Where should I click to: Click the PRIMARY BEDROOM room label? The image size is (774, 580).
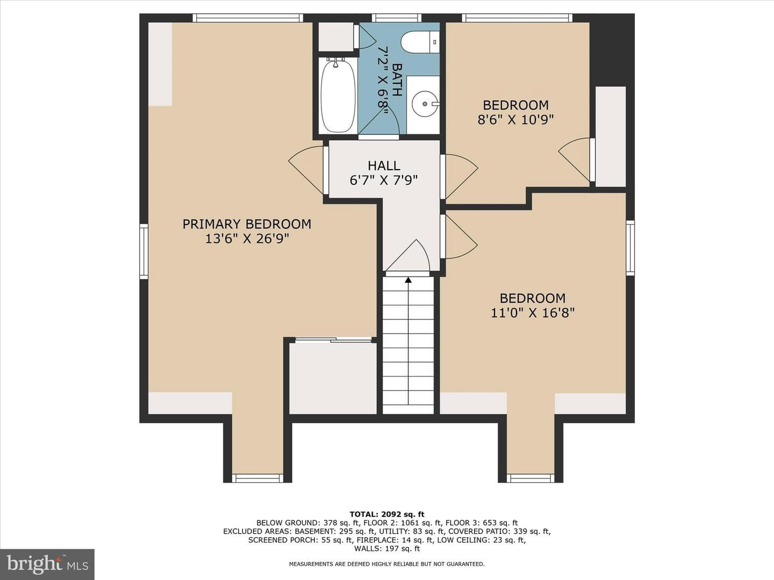tap(247, 224)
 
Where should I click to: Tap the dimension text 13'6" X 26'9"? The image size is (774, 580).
tap(247, 239)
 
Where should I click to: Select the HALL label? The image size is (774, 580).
tap(384, 165)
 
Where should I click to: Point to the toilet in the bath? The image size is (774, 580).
tap(420, 42)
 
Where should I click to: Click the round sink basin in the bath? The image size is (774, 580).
tap(425, 104)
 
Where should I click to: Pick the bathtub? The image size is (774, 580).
tap(338, 96)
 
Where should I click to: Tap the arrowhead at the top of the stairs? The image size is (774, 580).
tap(408, 280)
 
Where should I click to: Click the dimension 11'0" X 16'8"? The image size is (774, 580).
tap(533, 313)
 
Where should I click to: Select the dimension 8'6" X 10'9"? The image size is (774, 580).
tap(515, 120)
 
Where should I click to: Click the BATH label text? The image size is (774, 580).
tap(397, 79)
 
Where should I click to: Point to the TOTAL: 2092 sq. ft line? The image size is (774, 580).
tap(387, 514)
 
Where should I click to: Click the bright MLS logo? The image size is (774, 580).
tap(47, 564)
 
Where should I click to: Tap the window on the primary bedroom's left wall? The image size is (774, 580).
tap(144, 251)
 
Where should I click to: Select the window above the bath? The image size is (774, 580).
tap(397, 18)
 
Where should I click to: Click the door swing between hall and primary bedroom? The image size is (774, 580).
tap(306, 170)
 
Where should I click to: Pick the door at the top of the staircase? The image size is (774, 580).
tap(407, 256)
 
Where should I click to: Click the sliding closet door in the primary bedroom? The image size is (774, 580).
tap(333, 340)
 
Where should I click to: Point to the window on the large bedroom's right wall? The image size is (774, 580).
tap(630, 248)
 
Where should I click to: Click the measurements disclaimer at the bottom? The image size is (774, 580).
tap(387, 564)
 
